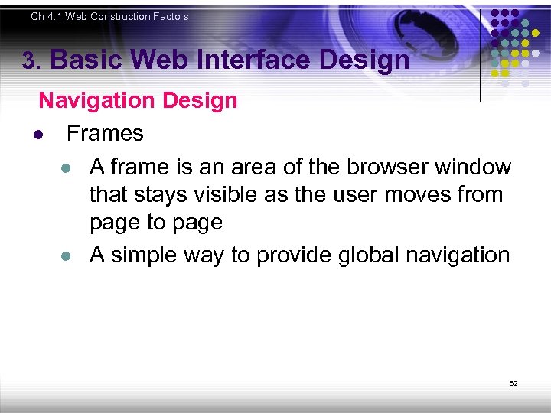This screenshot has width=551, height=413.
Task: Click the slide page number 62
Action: [514, 383]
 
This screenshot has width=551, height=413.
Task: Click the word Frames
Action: [105, 134]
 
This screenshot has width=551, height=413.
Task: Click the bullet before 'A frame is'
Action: [67, 167]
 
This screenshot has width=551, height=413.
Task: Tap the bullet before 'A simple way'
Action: [67, 256]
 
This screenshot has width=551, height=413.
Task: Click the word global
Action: [363, 255]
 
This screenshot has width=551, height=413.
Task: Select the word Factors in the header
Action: [168, 16]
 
